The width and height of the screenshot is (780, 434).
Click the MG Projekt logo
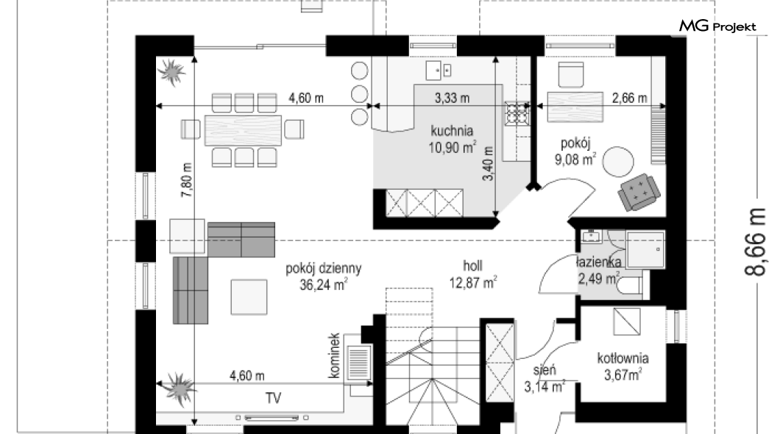(717, 26)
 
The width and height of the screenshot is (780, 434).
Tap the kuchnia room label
(452, 131)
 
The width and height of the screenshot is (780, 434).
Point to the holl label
(472, 266)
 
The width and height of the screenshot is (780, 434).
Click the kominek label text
(334, 355)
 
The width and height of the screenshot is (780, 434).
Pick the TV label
(273, 398)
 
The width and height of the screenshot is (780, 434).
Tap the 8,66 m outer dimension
(755, 241)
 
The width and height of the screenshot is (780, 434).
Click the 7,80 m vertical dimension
(187, 180)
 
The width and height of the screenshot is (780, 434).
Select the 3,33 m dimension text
(453, 98)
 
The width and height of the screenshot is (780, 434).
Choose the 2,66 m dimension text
(629, 98)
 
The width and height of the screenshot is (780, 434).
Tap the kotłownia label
(623, 358)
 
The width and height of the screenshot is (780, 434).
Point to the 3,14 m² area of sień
(545, 385)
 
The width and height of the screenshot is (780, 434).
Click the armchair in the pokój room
(639, 192)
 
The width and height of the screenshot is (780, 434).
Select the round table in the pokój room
(618, 162)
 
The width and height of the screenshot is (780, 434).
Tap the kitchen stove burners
(517, 113)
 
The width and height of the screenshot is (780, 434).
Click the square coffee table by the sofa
(249, 296)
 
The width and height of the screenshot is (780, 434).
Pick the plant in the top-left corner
(171, 72)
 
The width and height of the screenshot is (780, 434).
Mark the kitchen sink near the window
(439, 71)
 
